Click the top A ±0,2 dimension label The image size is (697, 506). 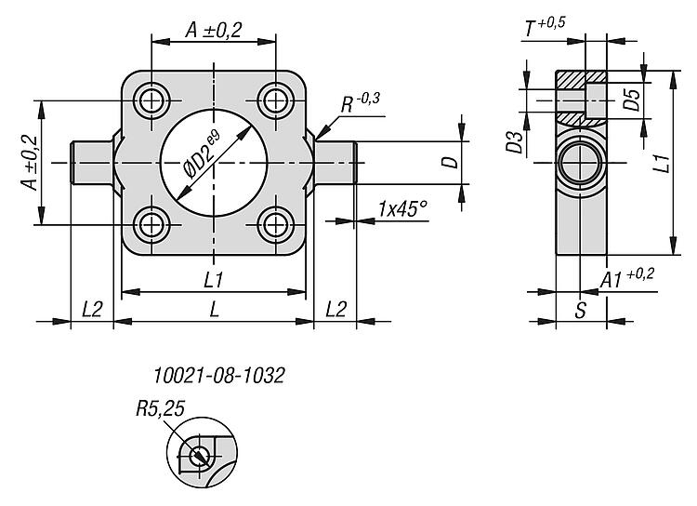tap(213, 31)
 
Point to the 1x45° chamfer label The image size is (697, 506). tap(401, 209)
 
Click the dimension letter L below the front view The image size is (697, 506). tap(214, 311)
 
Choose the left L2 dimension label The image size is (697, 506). tap(92, 311)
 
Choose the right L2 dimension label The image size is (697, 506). tap(335, 311)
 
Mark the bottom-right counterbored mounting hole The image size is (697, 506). tap(275, 223)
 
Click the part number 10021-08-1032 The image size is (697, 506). tap(219, 376)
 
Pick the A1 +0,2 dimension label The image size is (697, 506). tap(628, 278)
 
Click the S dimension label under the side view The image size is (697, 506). tap(580, 311)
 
